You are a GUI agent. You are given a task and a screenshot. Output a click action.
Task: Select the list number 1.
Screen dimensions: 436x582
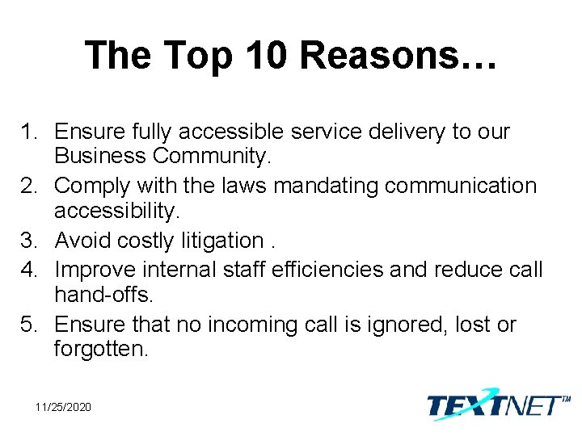(x=30, y=132)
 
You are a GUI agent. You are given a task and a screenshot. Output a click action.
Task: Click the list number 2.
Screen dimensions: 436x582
(x=30, y=187)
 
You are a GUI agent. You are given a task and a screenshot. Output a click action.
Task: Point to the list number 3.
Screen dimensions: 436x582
(x=30, y=241)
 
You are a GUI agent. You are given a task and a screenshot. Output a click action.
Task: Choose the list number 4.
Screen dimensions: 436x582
(x=30, y=269)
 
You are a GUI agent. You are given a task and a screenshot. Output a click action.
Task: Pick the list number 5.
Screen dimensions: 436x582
(x=30, y=325)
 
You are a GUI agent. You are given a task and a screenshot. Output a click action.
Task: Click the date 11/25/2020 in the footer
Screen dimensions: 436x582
(x=63, y=407)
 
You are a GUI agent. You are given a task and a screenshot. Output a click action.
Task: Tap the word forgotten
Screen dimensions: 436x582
(x=102, y=350)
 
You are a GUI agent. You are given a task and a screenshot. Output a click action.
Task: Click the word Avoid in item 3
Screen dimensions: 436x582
(x=83, y=241)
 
